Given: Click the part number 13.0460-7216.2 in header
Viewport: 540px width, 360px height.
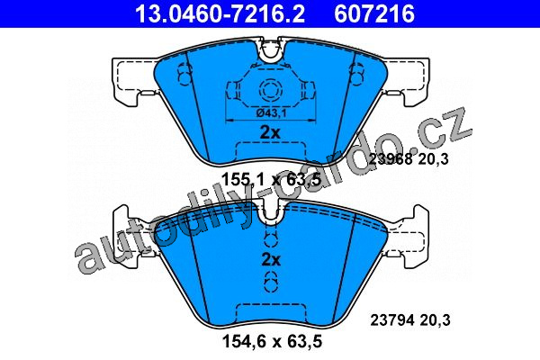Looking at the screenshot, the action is click(x=220, y=13).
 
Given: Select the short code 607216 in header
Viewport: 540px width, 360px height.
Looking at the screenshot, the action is click(x=374, y=13).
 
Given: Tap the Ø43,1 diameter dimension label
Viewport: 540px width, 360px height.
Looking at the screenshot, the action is click(x=272, y=112).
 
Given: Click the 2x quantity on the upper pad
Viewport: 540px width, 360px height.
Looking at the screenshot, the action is click(x=271, y=132).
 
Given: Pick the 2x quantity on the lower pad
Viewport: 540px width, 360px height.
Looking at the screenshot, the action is click(x=271, y=260).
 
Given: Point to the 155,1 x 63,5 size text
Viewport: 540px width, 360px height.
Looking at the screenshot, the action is click(x=272, y=180).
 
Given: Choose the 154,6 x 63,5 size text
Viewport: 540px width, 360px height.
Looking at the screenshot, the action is click(x=272, y=341).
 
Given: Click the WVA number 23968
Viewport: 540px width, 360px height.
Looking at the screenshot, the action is click(x=391, y=159).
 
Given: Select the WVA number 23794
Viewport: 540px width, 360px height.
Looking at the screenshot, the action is click(x=392, y=320).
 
